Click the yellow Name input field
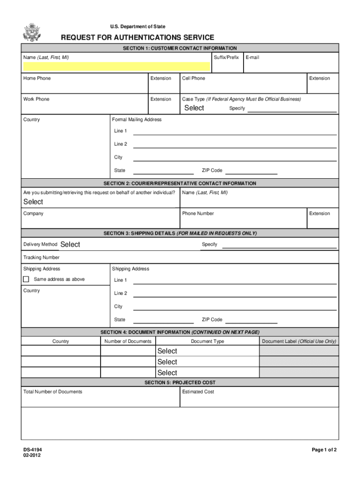(x=116, y=66)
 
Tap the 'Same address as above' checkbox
(x=26, y=279)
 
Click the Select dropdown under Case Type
(x=194, y=108)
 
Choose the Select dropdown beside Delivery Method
(x=70, y=244)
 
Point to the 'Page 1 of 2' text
(x=324, y=450)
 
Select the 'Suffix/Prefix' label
(x=226, y=58)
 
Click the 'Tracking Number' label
(x=41, y=258)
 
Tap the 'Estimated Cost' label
(x=198, y=392)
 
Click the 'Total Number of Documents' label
(x=52, y=392)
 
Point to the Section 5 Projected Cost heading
(x=180, y=383)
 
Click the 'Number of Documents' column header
(x=128, y=341)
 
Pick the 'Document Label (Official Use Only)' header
(x=299, y=341)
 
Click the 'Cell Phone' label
(x=194, y=79)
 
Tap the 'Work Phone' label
(x=36, y=99)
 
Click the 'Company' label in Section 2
(x=33, y=214)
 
